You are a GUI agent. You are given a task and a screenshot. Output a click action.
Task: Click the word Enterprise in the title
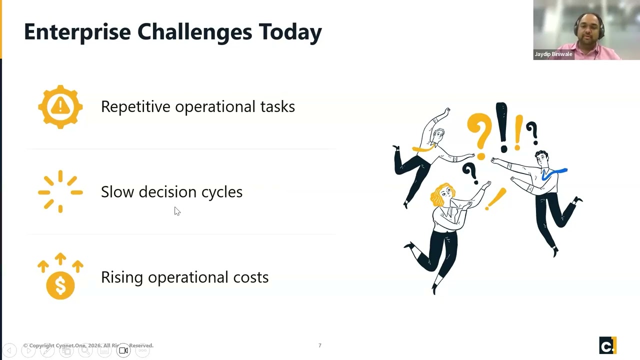[77, 32]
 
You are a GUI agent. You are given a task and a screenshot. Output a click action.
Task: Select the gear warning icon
[60, 106]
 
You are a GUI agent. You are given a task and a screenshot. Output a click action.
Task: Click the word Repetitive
[135, 106]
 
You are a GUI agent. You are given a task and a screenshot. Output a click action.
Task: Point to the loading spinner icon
[60, 191]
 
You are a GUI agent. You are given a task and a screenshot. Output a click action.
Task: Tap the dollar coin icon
[60, 285]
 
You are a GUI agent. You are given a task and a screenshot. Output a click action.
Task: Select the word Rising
[122, 277]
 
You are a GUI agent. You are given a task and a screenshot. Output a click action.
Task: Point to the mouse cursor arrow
[177, 211]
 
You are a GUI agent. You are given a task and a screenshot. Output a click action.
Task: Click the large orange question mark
[479, 132]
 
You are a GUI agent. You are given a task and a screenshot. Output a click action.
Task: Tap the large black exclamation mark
[501, 127]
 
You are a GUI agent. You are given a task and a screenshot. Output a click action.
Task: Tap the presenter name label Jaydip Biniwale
[553, 54]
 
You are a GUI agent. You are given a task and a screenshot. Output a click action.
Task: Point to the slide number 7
[320, 345]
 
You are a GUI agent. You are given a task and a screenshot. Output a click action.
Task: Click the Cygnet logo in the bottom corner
[607, 345]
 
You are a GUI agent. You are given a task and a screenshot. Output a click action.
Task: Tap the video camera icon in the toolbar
[123, 350]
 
